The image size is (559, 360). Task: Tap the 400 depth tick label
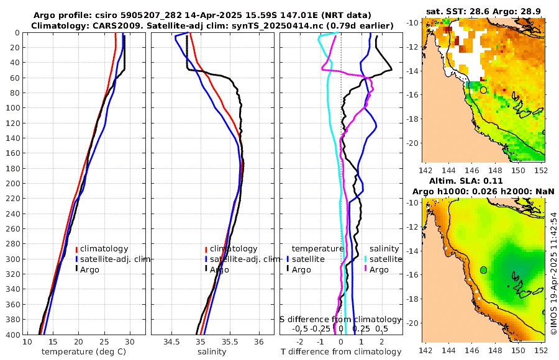[x=12, y=335]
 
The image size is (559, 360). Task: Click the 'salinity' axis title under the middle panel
[x=211, y=352]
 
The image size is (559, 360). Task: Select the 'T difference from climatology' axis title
[x=341, y=352]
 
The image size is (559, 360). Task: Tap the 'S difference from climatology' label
[x=340, y=319]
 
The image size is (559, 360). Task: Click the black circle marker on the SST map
[x=483, y=90]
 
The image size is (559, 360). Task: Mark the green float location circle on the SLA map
[x=483, y=269]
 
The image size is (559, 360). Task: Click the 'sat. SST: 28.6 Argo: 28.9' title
[x=483, y=12]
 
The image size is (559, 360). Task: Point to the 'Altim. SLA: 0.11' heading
[x=483, y=181]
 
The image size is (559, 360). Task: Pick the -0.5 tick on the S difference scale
[x=301, y=328]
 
